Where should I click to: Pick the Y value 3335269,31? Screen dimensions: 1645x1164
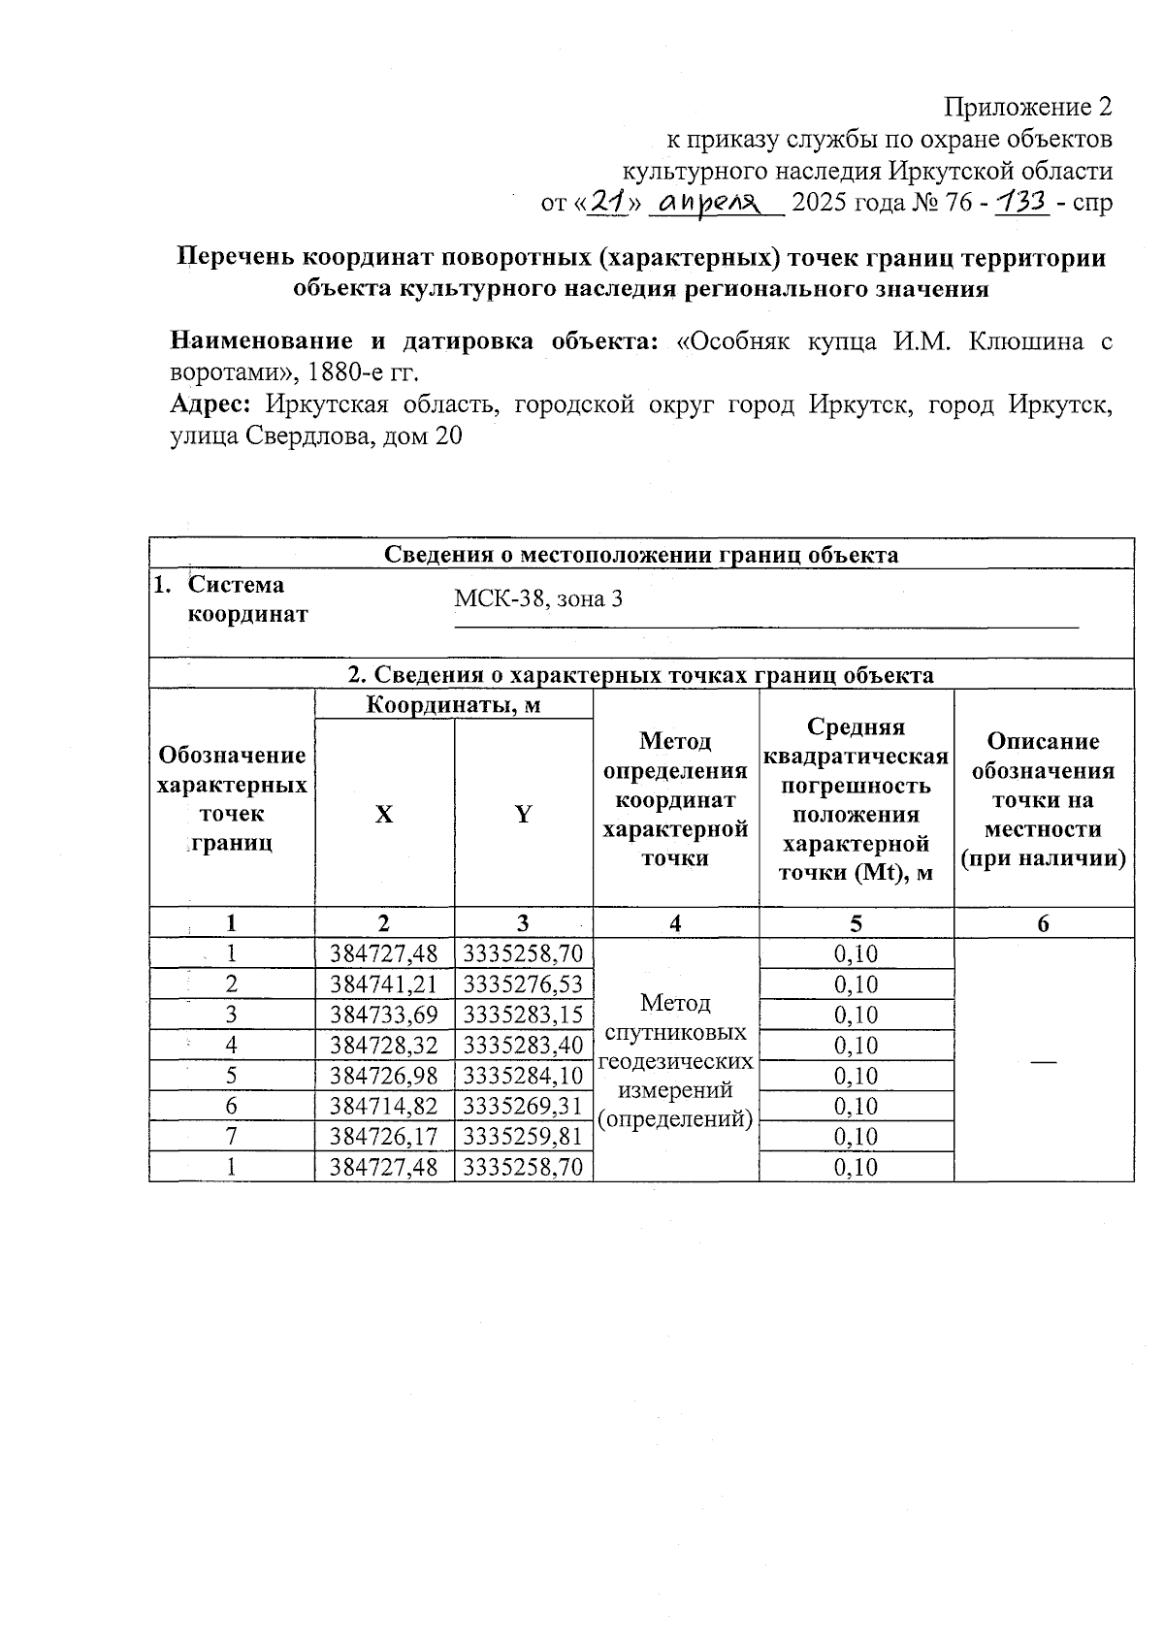pos(523,1106)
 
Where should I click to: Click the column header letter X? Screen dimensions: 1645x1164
pos(384,814)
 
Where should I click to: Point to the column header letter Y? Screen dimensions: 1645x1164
pos(523,814)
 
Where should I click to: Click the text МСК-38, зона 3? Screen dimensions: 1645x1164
pos(538,598)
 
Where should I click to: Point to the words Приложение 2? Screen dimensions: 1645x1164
pos(1028,106)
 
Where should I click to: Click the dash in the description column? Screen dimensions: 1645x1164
pos(1043,1063)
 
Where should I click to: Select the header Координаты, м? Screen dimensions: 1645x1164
pos(453,705)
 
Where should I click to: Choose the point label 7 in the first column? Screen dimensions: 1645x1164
pos(232,1136)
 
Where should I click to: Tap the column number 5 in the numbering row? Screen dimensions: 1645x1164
pos(856,923)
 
